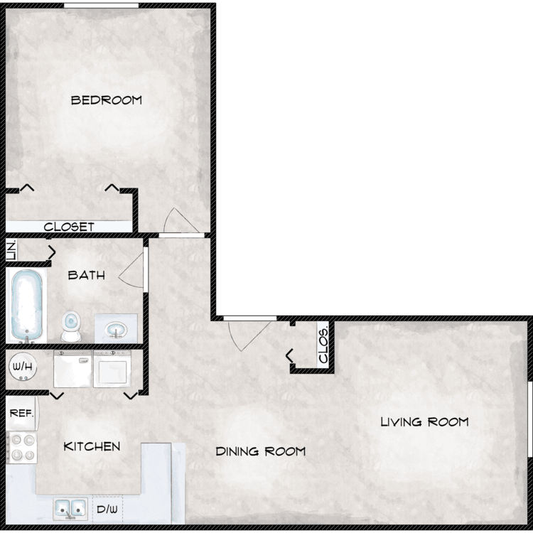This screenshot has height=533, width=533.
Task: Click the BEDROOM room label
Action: (x=107, y=100)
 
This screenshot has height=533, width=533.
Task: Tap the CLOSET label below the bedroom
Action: (x=69, y=227)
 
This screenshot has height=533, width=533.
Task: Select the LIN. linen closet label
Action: (x=11, y=251)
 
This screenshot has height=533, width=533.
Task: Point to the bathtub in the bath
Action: (x=27, y=306)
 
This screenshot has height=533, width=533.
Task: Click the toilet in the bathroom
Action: (x=71, y=326)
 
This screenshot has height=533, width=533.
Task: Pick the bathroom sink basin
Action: (x=116, y=330)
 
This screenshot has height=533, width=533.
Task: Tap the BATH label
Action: (x=87, y=275)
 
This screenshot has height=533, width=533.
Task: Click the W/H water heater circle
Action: (x=23, y=367)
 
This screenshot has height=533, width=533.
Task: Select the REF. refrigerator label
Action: (x=21, y=413)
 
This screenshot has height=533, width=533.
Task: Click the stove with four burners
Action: (x=22, y=447)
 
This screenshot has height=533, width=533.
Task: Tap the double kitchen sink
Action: (x=70, y=509)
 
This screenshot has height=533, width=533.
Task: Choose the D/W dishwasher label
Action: (x=107, y=510)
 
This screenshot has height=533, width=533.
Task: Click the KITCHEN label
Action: (x=92, y=446)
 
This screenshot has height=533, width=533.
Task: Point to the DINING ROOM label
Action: (x=261, y=451)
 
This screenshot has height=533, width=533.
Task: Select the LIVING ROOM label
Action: (x=424, y=422)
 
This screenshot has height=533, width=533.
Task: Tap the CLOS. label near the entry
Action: (x=323, y=345)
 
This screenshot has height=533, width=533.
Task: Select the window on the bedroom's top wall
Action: (x=102, y=6)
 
